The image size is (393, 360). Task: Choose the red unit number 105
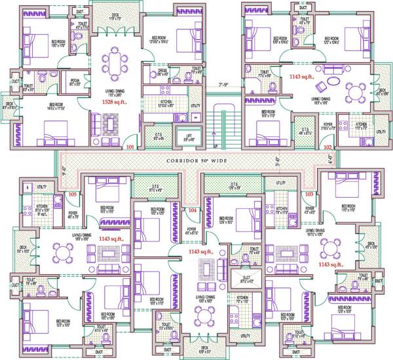pos(72,194)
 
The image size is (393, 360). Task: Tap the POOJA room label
pos(75,82)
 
